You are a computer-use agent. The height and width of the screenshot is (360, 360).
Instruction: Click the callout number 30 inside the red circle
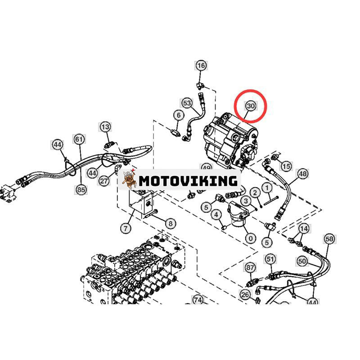[251, 106]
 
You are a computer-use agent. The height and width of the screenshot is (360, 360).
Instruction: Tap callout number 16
[201, 66]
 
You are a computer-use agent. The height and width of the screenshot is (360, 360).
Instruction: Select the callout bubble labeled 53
[187, 103]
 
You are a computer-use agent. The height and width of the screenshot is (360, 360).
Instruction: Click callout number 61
[79, 139]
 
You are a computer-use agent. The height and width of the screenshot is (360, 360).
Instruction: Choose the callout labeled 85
[81, 190]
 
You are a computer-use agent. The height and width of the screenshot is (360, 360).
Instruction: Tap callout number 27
[104, 180]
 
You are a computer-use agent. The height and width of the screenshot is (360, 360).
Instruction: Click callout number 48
[302, 173]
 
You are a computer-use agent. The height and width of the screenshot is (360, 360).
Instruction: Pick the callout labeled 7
[126, 229]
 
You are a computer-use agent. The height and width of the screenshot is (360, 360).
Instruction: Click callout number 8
[170, 223]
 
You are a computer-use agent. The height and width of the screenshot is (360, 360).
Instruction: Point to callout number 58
[329, 238]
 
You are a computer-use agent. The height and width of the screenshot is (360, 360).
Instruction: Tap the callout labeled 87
[250, 268]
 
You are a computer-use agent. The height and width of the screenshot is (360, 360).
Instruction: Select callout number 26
[245, 295]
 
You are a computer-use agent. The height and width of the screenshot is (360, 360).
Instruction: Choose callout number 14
[304, 229]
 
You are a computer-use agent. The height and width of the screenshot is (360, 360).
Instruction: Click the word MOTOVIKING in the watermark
[188, 181]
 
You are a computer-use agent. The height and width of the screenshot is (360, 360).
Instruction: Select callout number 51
[270, 259]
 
